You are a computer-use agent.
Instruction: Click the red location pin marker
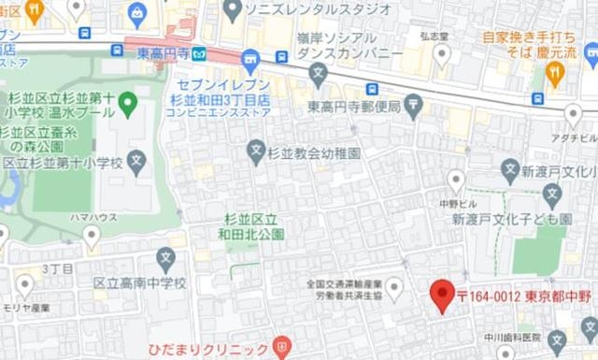pyautogui.click(x=442, y=295)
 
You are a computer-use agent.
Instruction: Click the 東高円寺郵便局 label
pyautogui.click(x=355, y=106)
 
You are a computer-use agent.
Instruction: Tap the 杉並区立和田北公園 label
pyautogui.click(x=251, y=228)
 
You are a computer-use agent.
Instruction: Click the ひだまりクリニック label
pyautogui.click(x=207, y=351)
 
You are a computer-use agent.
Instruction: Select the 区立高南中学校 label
pyautogui.click(x=140, y=282)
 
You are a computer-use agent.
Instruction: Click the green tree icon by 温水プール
pyautogui.click(x=129, y=100)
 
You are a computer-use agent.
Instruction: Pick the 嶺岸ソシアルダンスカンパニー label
pyautogui.click(x=349, y=45)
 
